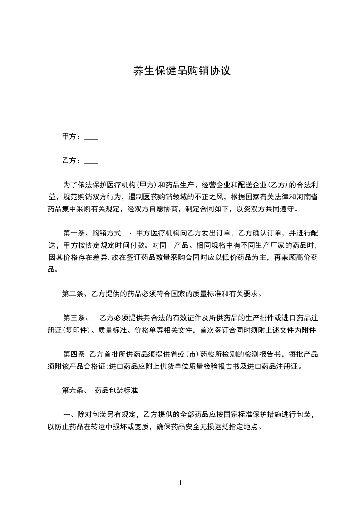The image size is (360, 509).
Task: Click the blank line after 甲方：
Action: click(x=91, y=137)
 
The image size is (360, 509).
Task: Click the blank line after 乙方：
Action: click(x=91, y=161)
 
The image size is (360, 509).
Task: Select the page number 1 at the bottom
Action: click(x=180, y=483)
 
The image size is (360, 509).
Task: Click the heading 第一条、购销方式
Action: click(x=92, y=233)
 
